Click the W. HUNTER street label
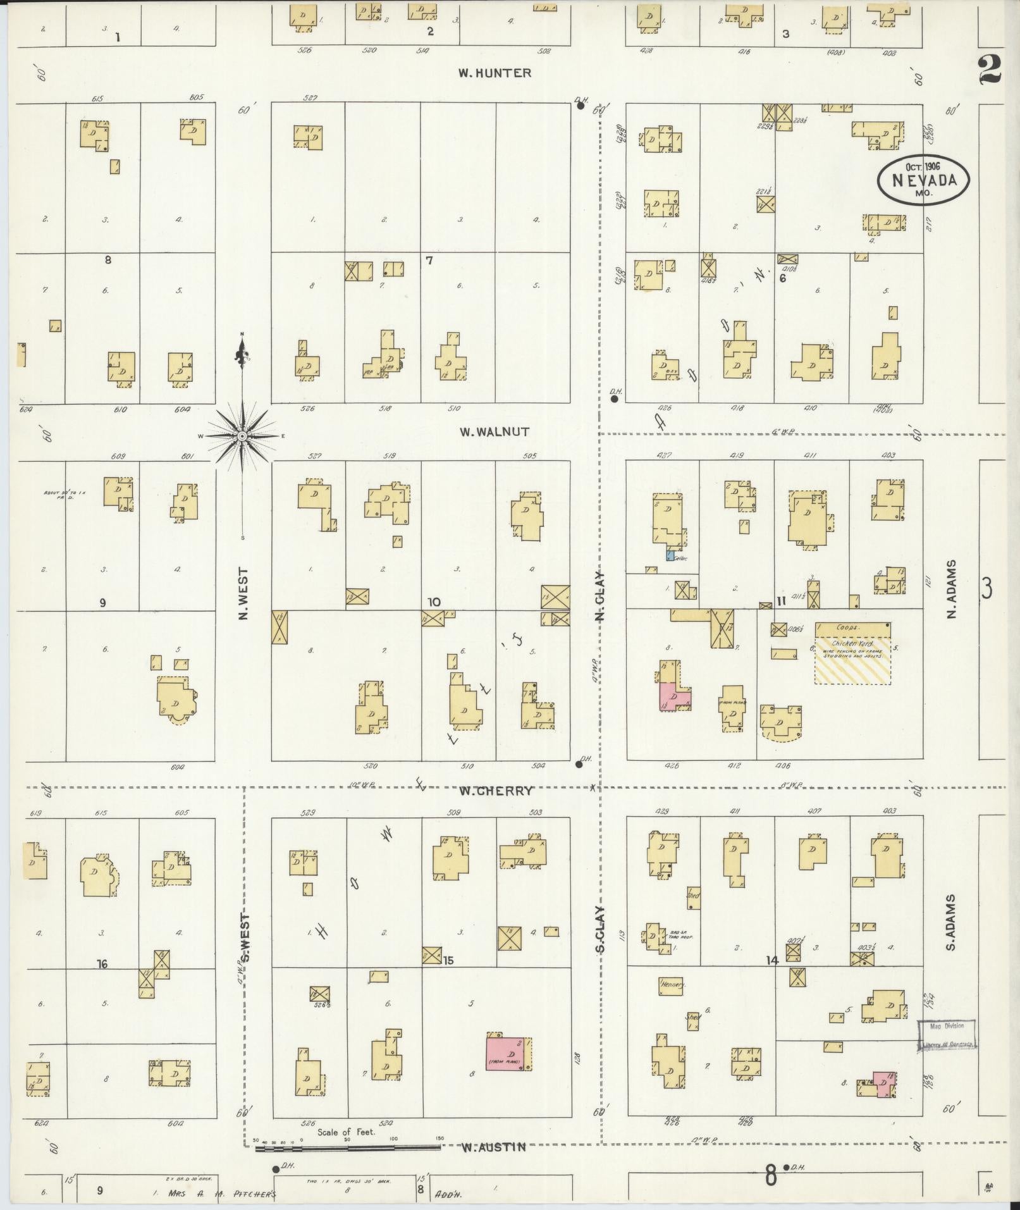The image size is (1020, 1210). [495, 73]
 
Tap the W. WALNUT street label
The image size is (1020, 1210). [494, 432]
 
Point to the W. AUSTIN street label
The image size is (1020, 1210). [493, 1147]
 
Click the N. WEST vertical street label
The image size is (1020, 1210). [243, 593]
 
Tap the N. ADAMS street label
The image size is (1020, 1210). [952, 590]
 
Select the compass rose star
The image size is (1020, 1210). [243, 436]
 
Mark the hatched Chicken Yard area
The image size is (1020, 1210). [852, 660]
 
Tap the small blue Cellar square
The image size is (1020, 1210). [669, 555]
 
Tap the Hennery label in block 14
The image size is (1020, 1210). [672, 1003]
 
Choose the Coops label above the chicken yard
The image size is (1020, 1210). [846, 627]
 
